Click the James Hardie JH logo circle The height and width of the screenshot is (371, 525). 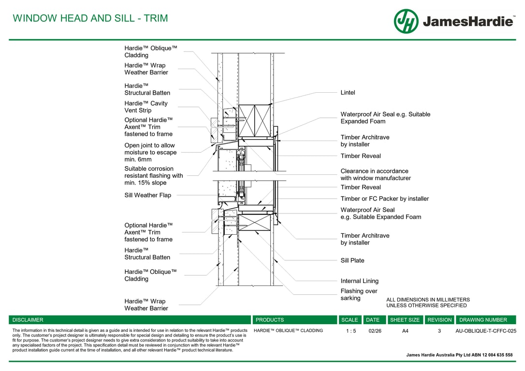pos(406,21)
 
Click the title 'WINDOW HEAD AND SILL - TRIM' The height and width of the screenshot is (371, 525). pos(90,18)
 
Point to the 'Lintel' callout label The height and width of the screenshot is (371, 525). pos(348,93)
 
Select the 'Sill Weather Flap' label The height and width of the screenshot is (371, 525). pos(147,195)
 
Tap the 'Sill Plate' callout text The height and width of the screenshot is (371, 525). pos(352,260)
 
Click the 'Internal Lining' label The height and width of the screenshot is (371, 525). pos(359,281)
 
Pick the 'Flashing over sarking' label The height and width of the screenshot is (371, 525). pos(359,295)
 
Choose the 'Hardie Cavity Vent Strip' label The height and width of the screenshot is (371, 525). pos(146,107)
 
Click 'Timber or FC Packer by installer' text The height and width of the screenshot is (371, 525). pos(384,199)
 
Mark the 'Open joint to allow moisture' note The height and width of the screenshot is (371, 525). pos(149,152)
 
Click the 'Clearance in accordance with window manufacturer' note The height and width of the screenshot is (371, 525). pos(375,174)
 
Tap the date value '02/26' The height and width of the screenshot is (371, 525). pos(374,331)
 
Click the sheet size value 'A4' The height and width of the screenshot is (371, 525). pos(405,331)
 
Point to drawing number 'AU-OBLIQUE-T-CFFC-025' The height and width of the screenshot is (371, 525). pos(486,331)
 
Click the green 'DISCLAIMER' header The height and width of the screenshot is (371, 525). pos(28,320)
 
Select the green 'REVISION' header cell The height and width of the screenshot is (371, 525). pos(439,320)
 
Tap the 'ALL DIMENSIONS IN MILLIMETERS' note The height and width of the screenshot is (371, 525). pos(428,300)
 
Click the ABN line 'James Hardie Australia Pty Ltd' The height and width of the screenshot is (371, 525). pos(459,355)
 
